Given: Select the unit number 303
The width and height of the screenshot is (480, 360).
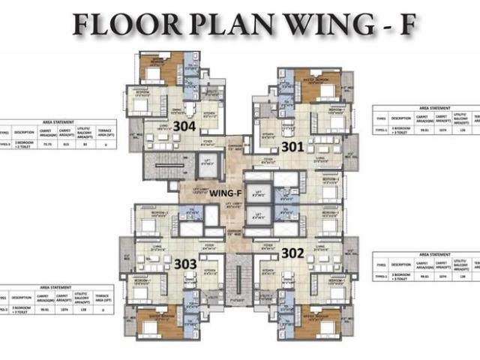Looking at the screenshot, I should (x=185, y=264).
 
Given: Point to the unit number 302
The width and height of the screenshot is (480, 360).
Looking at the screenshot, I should (x=292, y=253).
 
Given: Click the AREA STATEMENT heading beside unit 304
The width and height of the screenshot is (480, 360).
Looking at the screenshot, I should (x=58, y=121).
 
